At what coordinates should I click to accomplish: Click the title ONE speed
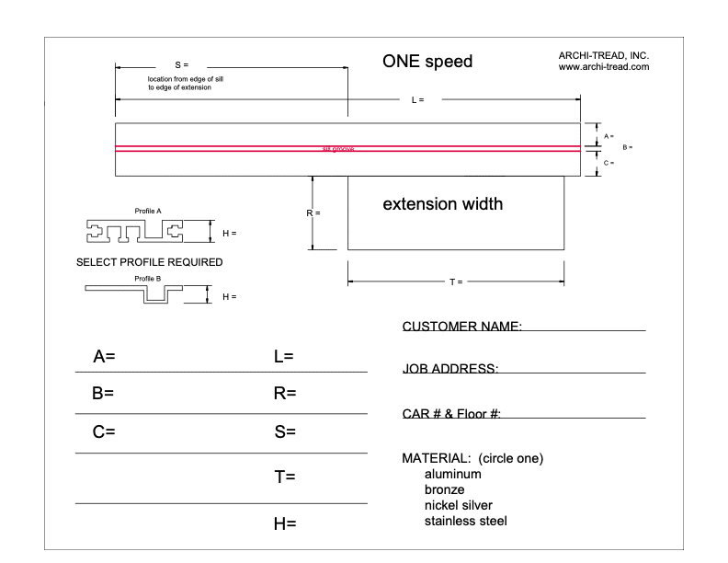point(427,63)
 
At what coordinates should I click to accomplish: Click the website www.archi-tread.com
point(604,67)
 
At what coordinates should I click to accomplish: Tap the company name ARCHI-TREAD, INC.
point(604,56)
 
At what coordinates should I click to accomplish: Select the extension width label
point(442,203)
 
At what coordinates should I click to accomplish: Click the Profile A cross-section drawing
point(134,231)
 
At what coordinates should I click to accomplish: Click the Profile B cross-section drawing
point(134,293)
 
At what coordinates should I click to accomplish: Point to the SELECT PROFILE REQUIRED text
point(149,262)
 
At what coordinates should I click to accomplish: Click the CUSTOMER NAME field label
point(462,327)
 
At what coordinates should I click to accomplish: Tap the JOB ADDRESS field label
point(450,369)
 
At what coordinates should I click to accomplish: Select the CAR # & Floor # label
point(451,414)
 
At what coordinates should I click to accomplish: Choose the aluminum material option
point(452,475)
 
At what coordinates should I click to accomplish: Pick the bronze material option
point(444,490)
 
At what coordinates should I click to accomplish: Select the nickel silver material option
point(458,506)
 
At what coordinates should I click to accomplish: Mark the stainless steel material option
point(465,522)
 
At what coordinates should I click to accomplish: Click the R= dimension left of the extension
point(313,213)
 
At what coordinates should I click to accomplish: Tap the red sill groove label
point(337,149)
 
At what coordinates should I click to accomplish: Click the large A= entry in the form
point(104,356)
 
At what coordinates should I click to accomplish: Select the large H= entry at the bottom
point(284,523)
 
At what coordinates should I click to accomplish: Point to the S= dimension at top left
point(181,66)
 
